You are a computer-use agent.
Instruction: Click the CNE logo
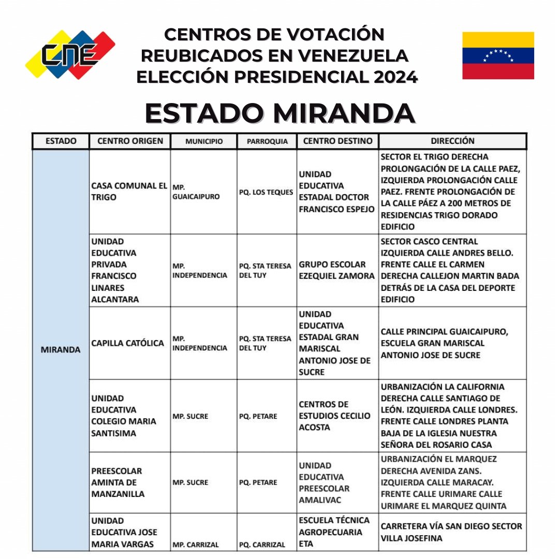pyautogui.click(x=70, y=55)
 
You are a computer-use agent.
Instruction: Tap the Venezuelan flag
pyautogui.click(x=498, y=55)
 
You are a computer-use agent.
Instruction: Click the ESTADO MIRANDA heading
pyautogui.click(x=279, y=113)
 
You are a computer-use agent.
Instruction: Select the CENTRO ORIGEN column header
pyautogui.click(x=130, y=141)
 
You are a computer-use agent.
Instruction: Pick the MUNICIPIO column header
pyautogui.click(x=204, y=141)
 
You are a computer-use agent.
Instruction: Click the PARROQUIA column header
pyautogui.click(x=267, y=141)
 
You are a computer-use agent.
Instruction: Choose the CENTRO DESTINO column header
pyautogui.click(x=337, y=141)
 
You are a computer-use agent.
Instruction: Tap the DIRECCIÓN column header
pyautogui.click(x=452, y=141)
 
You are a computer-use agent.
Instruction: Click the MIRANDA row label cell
pyautogui.click(x=61, y=350)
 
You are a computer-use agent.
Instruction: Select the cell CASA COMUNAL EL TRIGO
pyautogui.click(x=129, y=192)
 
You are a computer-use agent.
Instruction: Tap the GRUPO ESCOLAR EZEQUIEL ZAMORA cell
pyautogui.click(x=337, y=270)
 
